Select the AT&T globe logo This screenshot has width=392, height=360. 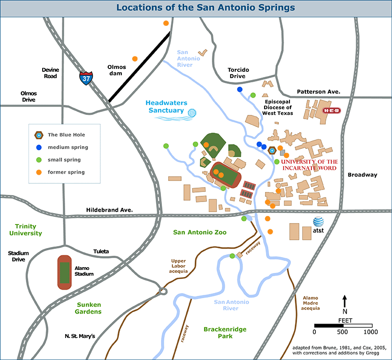[x=319, y=222]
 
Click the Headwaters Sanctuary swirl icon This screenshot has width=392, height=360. [x=193, y=113]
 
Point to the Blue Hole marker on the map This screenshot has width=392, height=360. [x=272, y=150]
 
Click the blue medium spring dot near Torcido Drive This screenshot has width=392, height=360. [x=240, y=90]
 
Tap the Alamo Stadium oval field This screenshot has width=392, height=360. [x=65, y=272]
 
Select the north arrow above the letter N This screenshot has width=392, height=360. [x=345, y=302]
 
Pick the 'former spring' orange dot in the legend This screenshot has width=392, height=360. [x=40, y=172]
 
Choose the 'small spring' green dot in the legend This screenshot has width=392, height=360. [x=40, y=159]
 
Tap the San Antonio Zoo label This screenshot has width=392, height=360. [x=199, y=232]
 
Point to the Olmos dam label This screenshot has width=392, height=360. [x=117, y=70]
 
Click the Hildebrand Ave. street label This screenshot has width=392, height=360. [x=109, y=210]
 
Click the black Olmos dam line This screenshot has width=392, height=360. [x=139, y=67]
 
